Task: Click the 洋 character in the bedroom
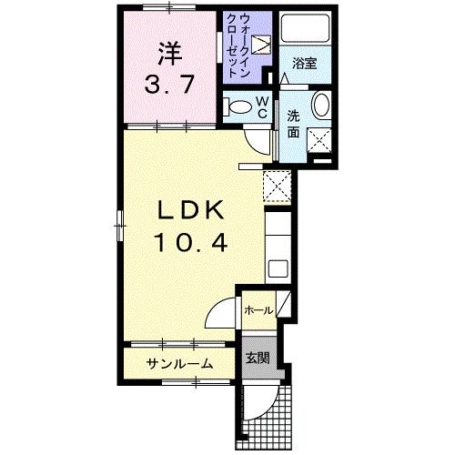point(167,52)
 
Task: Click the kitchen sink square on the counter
point(278,269)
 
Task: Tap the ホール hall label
point(258,310)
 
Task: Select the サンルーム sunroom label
point(181,363)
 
